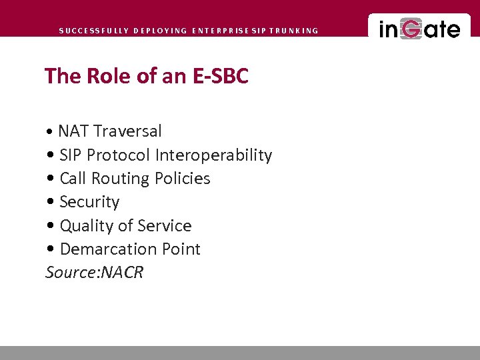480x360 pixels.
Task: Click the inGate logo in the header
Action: tap(419, 29)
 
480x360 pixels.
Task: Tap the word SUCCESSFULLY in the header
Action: tap(93, 31)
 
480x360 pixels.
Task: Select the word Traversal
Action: tap(127, 131)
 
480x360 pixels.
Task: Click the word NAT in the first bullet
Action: tap(73, 131)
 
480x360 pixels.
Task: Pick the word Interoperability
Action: tap(213, 155)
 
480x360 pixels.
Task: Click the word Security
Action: tap(89, 202)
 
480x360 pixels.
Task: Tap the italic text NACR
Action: tap(121, 273)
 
